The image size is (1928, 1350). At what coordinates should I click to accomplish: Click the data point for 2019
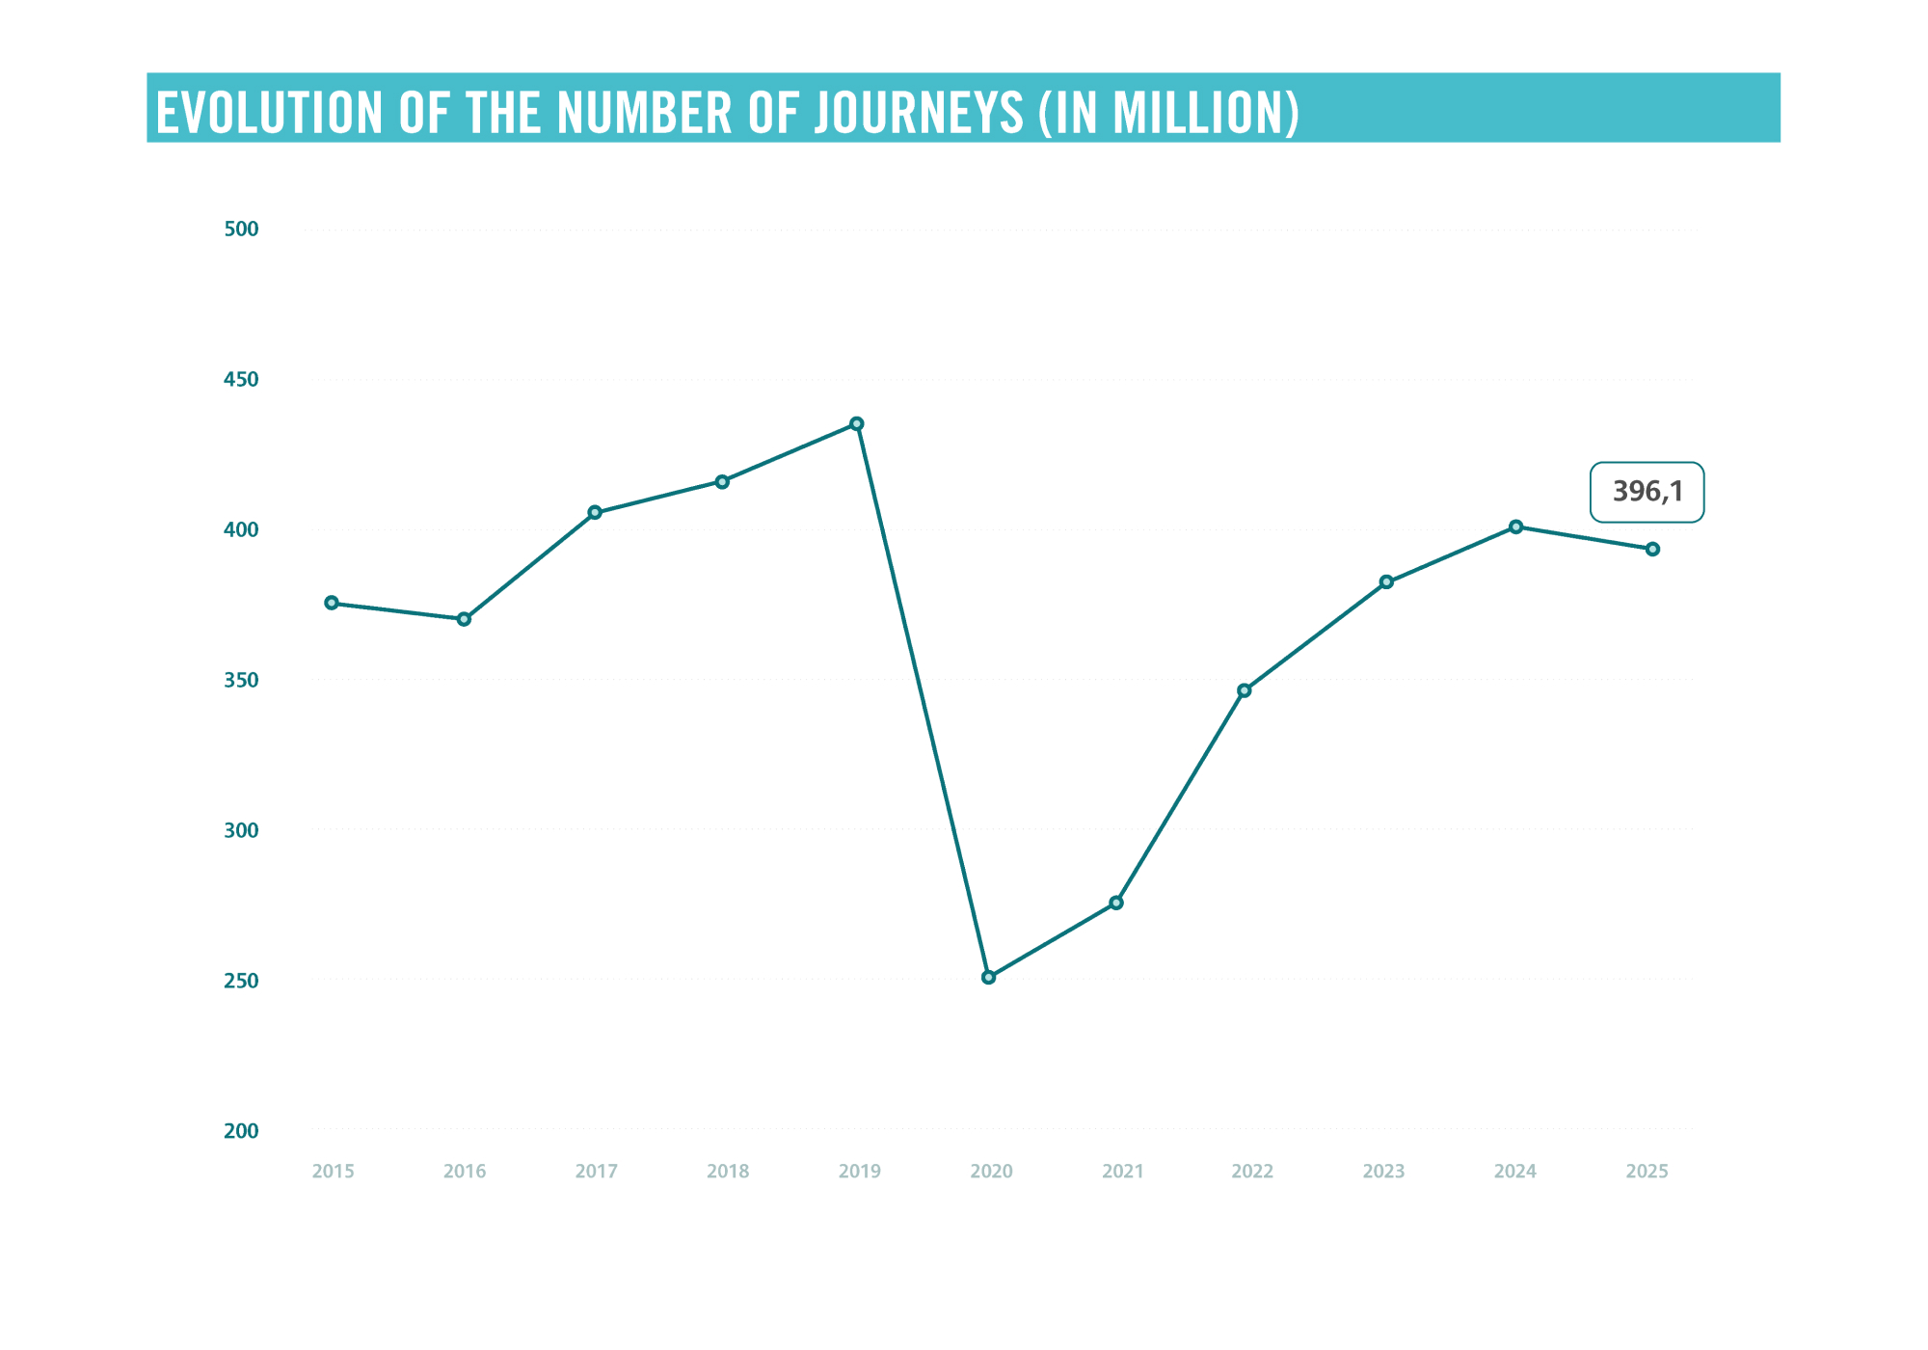[857, 423]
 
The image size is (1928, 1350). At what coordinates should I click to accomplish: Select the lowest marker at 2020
[988, 977]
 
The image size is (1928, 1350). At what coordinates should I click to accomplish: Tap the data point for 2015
[332, 603]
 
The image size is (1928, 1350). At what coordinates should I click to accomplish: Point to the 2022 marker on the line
[1245, 690]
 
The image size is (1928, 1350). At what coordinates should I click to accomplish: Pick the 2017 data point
[595, 512]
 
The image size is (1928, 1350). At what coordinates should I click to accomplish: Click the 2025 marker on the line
[1652, 549]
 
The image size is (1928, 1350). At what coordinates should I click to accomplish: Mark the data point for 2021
[1116, 903]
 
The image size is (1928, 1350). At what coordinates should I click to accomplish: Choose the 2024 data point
[1516, 526]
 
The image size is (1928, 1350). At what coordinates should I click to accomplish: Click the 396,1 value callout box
[1647, 492]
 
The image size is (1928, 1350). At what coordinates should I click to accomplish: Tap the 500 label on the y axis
[241, 229]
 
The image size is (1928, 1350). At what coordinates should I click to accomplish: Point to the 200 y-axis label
[241, 1130]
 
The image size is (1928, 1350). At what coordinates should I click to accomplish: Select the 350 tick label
[241, 680]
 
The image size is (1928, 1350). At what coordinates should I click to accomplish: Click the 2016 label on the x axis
[465, 1172]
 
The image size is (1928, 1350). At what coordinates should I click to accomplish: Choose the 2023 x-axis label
[1383, 1172]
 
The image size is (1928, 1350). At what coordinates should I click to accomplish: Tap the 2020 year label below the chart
[991, 1172]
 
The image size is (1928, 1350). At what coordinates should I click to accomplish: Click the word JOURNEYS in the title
[919, 113]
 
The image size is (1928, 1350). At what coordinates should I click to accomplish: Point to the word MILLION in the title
[1197, 113]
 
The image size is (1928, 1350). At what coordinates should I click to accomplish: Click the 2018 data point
[722, 481]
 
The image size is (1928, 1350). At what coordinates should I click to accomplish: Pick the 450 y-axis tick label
[241, 379]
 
